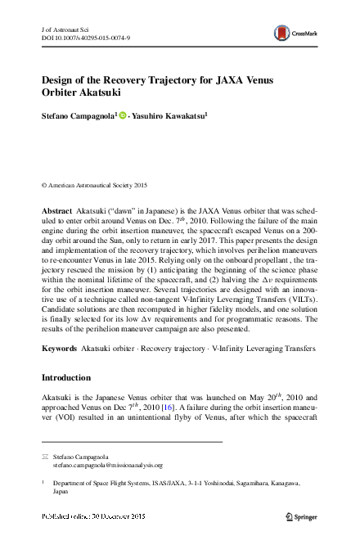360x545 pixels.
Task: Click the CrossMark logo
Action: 295,33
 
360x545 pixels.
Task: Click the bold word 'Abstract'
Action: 56,210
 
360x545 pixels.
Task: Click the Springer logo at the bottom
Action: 303,517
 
